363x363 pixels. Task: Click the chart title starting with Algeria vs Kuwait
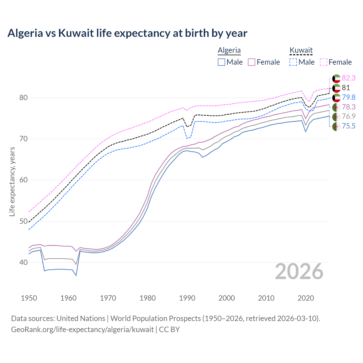(127, 33)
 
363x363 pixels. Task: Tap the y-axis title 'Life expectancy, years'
(12, 181)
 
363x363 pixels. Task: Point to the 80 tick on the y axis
(24, 98)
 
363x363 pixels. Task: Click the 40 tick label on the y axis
(24, 263)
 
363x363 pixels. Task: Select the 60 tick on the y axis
(24, 180)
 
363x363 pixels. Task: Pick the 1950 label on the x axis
(29, 298)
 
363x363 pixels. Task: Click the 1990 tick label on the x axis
(187, 298)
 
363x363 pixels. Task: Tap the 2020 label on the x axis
(306, 298)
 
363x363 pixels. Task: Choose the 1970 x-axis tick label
(108, 298)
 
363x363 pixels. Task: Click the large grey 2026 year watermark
(299, 271)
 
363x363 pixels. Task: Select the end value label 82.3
(349, 78)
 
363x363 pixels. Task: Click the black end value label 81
(346, 88)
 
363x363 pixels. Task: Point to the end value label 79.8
(349, 97)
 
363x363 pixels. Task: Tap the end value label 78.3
(349, 107)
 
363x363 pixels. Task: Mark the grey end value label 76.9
(349, 116)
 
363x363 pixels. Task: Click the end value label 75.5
(349, 126)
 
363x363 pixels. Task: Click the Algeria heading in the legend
(229, 50)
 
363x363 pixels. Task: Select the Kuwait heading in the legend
(301, 50)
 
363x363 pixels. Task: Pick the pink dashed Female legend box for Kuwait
(324, 62)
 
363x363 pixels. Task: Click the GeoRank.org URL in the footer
(82, 330)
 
